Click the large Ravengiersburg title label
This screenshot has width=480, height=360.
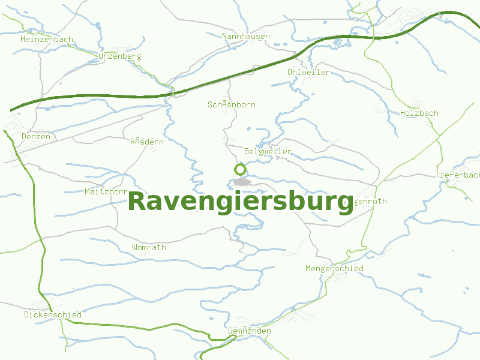[240, 202]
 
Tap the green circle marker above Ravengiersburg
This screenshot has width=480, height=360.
[241, 169]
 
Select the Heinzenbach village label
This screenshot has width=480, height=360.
[47, 40]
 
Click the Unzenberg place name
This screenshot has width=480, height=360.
[119, 56]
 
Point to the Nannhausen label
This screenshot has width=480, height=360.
[246, 37]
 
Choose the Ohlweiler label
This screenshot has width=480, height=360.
[308, 73]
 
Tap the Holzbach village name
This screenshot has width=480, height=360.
[419, 113]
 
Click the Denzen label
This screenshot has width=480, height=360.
[36, 137]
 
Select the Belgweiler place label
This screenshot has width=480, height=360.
[268, 152]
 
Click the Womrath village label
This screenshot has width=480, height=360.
[149, 247]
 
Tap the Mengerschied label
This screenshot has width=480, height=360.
[334, 269]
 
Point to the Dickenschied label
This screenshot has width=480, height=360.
[53, 314]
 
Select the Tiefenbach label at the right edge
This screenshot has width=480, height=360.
[458, 175]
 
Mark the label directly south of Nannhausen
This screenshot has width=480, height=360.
[232, 105]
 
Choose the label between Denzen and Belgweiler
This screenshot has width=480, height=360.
[147, 142]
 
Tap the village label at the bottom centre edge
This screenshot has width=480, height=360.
[250, 331]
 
